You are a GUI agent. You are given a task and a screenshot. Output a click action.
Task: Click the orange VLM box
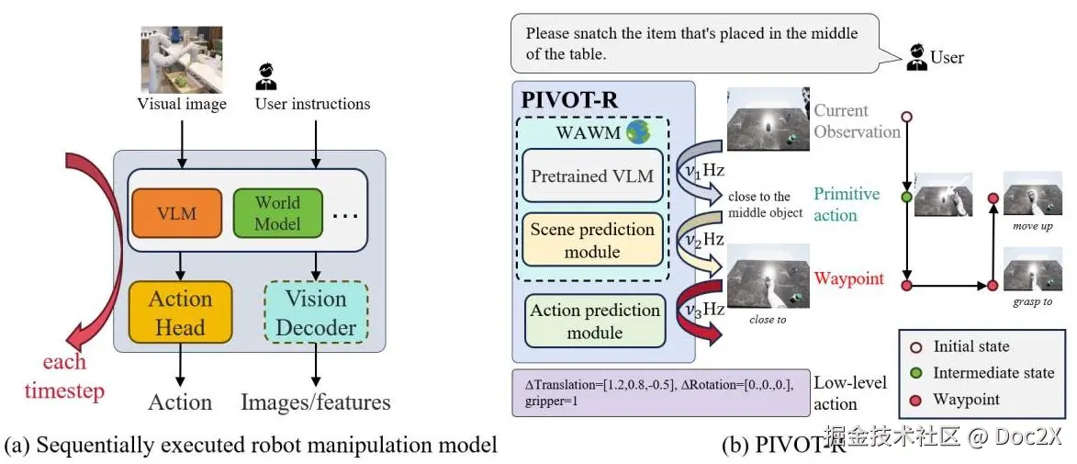click(x=177, y=213)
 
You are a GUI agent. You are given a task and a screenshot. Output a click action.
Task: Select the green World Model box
click(x=277, y=213)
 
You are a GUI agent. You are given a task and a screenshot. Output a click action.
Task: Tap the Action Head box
click(x=180, y=312)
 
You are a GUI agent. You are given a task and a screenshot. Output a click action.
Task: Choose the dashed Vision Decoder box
click(x=315, y=312)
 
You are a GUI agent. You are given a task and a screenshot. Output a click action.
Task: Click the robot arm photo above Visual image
click(x=181, y=60)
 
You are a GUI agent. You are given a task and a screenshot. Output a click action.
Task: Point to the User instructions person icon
click(x=266, y=75)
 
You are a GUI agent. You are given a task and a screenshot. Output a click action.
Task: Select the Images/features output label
click(x=315, y=402)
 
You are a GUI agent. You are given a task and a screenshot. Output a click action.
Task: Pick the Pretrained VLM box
click(x=593, y=176)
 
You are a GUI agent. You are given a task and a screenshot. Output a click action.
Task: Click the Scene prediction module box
click(x=593, y=240)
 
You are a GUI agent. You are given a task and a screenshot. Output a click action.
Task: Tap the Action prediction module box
click(x=595, y=321)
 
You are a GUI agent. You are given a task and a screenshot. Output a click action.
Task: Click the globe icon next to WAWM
click(x=638, y=132)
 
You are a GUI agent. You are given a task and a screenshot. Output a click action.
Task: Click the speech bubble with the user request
click(x=693, y=43)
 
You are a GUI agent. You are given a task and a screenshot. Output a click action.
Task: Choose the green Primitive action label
click(x=846, y=204)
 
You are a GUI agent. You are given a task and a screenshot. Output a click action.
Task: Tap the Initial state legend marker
click(x=915, y=347)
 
